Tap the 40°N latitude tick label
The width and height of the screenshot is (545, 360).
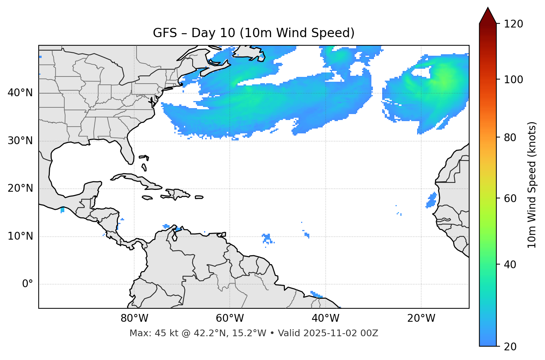(20, 93)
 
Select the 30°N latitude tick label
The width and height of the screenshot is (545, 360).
(20, 141)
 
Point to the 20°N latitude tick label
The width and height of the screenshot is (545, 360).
(20, 188)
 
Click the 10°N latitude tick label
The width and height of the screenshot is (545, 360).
(20, 236)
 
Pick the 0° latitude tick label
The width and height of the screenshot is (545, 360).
(28, 284)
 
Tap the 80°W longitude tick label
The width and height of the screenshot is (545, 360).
(134, 318)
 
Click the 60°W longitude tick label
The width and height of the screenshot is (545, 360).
(230, 318)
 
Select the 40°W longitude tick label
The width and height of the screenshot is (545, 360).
(325, 318)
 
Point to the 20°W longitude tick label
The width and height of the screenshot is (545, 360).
(421, 318)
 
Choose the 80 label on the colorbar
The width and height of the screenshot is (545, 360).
(510, 137)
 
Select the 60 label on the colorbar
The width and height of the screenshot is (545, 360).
(510, 198)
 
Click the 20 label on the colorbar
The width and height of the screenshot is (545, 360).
(510, 347)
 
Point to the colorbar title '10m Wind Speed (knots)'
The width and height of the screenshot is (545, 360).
(532, 185)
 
